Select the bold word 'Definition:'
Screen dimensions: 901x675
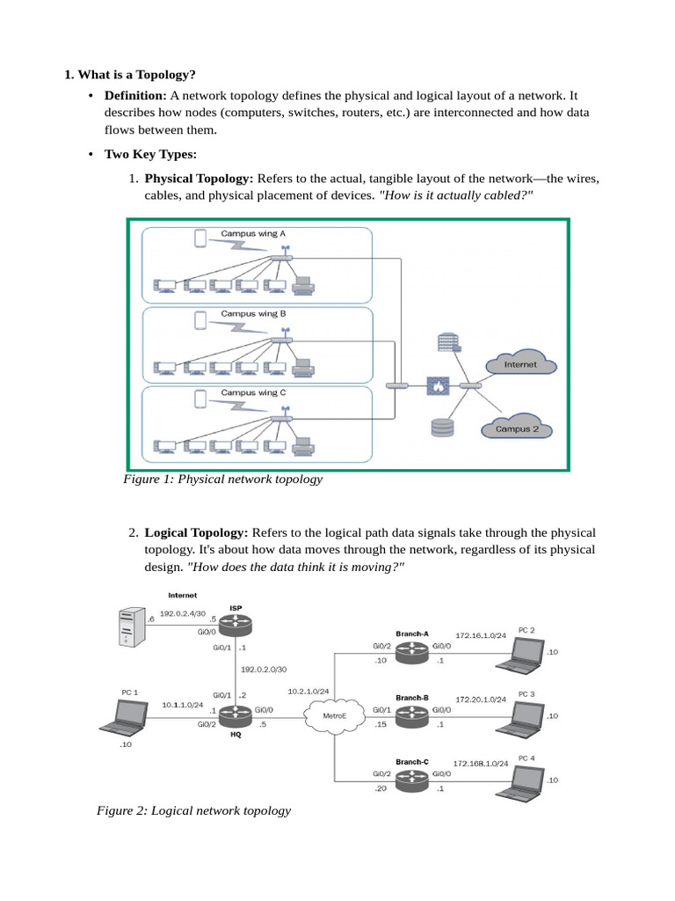135,95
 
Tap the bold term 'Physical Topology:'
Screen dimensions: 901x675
199,179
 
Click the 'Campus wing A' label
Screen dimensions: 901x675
253,234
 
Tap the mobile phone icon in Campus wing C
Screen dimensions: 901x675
200,399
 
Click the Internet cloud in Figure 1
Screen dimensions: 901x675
520,363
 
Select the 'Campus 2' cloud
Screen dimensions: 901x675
518,429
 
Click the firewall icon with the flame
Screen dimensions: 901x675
438,386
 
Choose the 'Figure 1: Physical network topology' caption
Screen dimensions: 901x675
223,480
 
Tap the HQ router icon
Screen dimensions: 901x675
236,717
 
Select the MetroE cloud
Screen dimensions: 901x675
333,715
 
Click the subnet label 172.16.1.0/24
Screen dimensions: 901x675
481,634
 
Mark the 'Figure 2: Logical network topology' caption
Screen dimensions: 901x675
193,810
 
